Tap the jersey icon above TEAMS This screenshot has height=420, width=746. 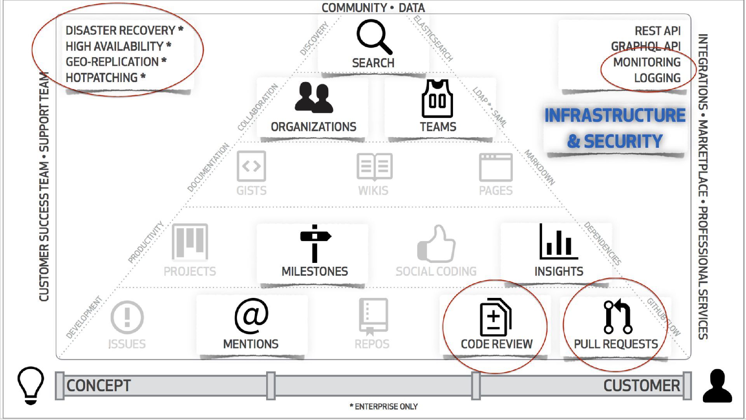pyautogui.click(x=437, y=99)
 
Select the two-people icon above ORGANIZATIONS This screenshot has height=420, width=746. pyautogui.click(x=314, y=98)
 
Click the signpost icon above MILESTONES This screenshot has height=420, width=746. pyautogui.click(x=315, y=243)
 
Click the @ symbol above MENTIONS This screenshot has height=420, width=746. pyautogui.click(x=251, y=316)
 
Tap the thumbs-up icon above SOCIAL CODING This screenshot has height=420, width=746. pyautogui.click(x=436, y=244)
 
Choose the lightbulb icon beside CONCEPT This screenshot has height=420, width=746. pyautogui.click(x=31, y=385)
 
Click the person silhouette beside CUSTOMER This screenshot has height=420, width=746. pyautogui.click(x=717, y=386)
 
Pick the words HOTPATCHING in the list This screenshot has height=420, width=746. pyautogui.click(x=102, y=78)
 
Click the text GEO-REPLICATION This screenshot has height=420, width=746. pyautogui.click(x=112, y=62)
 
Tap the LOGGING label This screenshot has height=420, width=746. pyautogui.click(x=657, y=78)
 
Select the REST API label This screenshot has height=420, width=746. pyautogui.click(x=657, y=31)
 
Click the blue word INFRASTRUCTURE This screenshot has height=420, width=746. pyautogui.click(x=615, y=115)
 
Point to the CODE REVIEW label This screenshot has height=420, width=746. pyautogui.click(x=497, y=344)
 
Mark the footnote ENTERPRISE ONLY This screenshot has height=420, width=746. pyautogui.click(x=386, y=407)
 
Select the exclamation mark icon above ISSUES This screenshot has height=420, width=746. pyautogui.click(x=127, y=317)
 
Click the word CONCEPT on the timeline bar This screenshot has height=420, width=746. pyautogui.click(x=99, y=386)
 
